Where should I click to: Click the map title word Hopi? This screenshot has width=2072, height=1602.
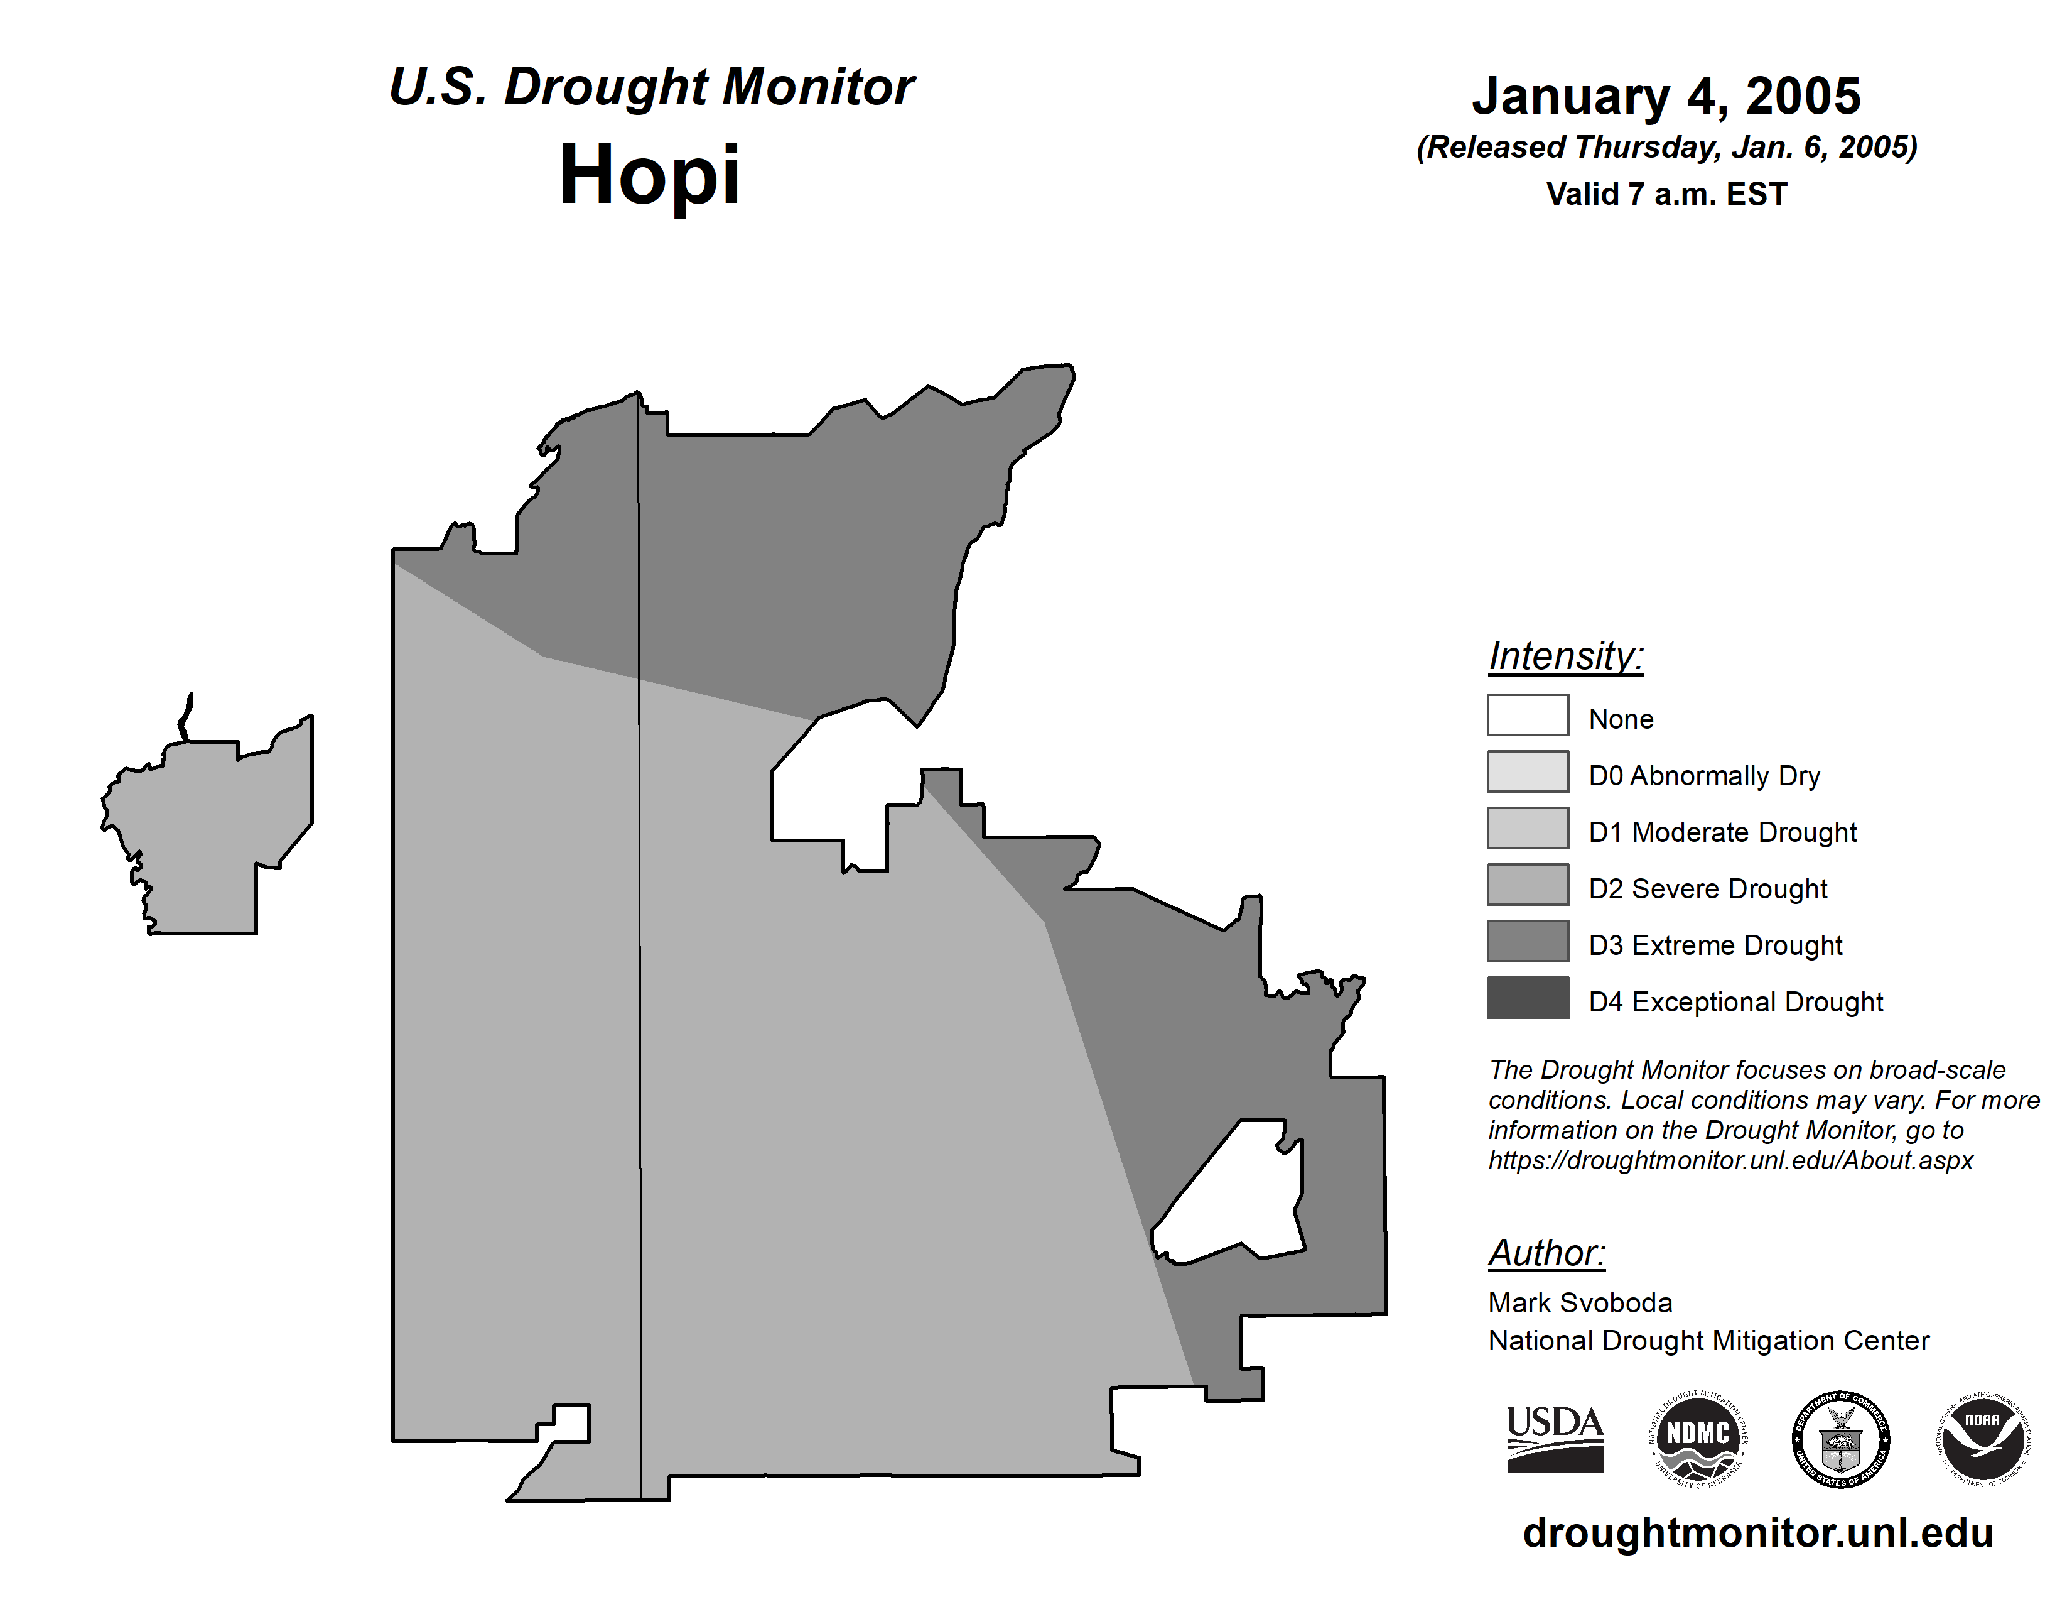pyautogui.click(x=649, y=175)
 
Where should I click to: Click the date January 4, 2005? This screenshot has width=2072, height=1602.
pyautogui.click(x=1666, y=96)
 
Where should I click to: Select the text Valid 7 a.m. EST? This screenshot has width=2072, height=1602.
pyautogui.click(x=1666, y=195)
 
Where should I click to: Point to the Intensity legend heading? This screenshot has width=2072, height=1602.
pyautogui.click(x=1565, y=656)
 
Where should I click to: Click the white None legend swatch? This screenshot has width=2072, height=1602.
pyautogui.click(x=1528, y=716)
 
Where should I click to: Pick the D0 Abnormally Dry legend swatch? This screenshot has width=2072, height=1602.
pyautogui.click(x=1528, y=771)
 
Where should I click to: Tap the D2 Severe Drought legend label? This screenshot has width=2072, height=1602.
pyautogui.click(x=1708, y=889)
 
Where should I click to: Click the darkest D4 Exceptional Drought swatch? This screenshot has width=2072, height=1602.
pyautogui.click(x=1528, y=998)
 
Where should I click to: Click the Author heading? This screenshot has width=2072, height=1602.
pyautogui.click(x=1546, y=1254)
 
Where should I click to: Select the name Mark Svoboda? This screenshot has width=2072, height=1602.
pyautogui.click(x=1580, y=1303)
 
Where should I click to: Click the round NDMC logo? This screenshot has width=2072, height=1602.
pyautogui.click(x=1698, y=1439)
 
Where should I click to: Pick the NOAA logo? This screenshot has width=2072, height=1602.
pyautogui.click(x=1983, y=1439)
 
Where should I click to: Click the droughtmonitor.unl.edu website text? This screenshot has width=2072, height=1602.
pyautogui.click(x=1758, y=1533)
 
